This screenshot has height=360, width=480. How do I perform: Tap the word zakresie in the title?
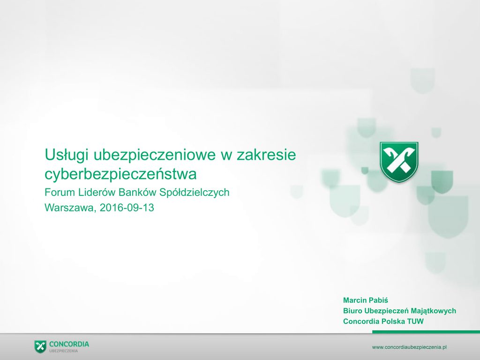tap(266, 154)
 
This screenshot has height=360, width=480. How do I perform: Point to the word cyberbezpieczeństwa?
tap(120, 174)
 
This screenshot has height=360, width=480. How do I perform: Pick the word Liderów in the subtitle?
tap(97, 192)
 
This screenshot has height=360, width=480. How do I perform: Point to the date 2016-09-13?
tap(127, 208)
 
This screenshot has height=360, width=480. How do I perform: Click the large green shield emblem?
tap(399, 162)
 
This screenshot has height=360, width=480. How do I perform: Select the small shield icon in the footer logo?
tap(40, 346)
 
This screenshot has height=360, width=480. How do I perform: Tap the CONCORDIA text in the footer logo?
tap(69, 345)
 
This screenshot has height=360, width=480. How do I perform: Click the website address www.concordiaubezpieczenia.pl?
tap(409, 347)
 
